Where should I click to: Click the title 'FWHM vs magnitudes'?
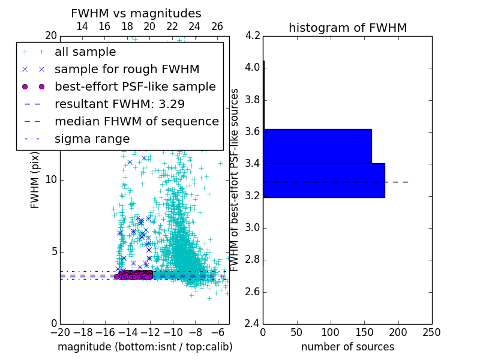(x=136, y=13)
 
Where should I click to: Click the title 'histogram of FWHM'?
(x=347, y=28)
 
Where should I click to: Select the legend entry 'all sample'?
(x=85, y=52)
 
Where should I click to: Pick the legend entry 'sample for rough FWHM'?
(x=127, y=70)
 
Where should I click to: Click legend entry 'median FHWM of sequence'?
(x=137, y=121)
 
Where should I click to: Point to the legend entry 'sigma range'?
(x=92, y=139)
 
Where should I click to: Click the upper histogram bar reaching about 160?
(x=317, y=146)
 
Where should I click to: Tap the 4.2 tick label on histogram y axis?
(x=253, y=35)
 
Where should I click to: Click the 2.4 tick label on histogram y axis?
(x=253, y=324)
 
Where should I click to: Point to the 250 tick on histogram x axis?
(x=431, y=332)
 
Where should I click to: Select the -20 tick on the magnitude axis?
(x=60, y=332)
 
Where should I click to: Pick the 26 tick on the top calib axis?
(x=217, y=26)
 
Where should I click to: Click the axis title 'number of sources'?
(x=347, y=347)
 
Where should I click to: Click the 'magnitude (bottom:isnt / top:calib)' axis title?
(x=145, y=347)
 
